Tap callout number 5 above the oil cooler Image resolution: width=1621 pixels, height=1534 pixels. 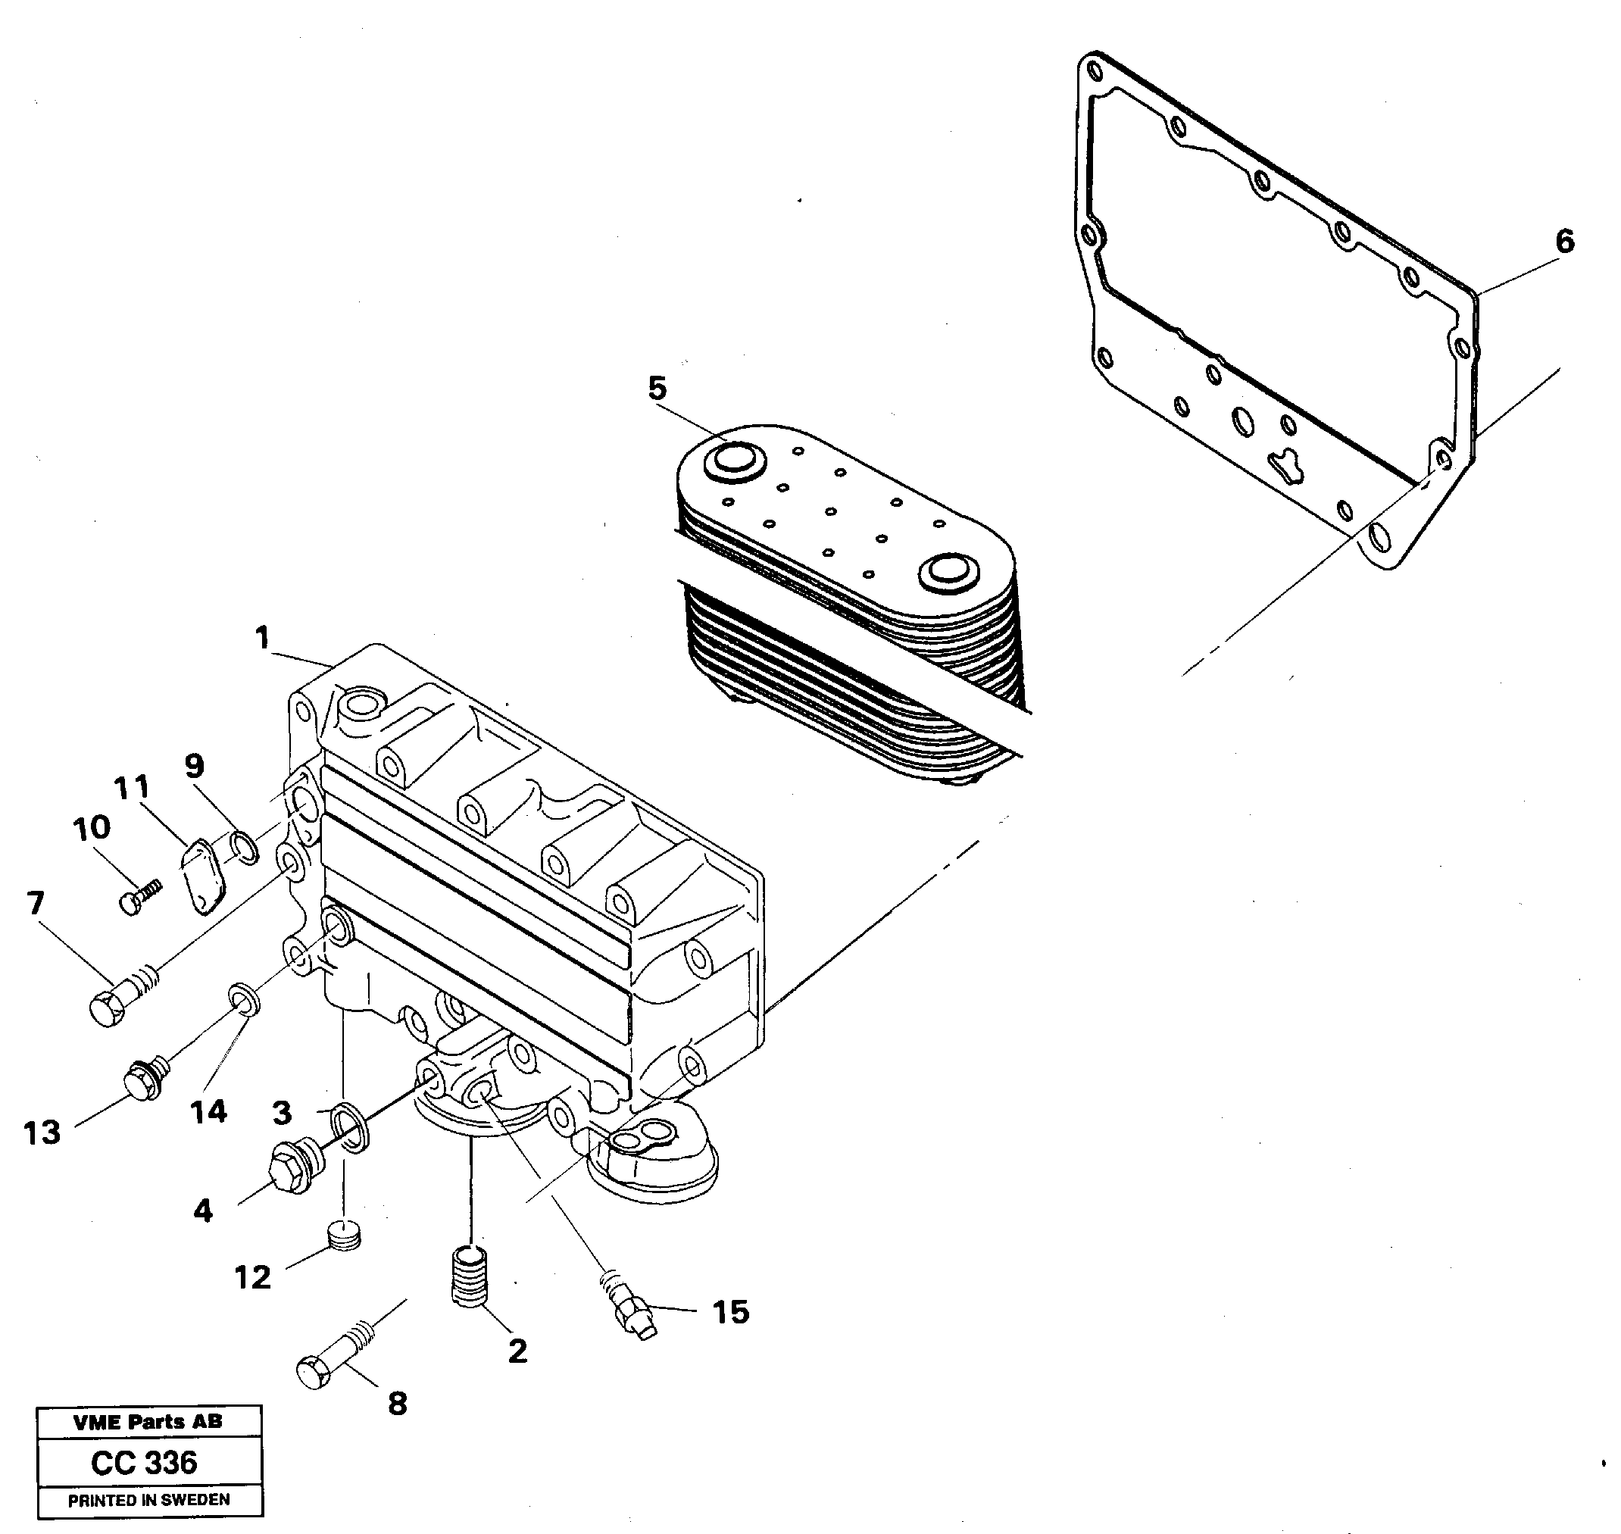point(657,389)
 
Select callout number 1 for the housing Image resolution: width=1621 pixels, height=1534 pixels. point(262,637)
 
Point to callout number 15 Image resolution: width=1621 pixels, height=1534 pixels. point(731,1311)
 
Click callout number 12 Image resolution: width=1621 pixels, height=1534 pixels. point(252,1276)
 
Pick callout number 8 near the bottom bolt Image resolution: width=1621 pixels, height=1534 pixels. point(397,1403)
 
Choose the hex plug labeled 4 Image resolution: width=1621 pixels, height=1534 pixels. point(291,1166)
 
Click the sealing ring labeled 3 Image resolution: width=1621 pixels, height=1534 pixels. point(351,1125)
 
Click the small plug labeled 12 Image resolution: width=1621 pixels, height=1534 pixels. point(343,1236)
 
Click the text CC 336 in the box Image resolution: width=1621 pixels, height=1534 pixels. point(144,1462)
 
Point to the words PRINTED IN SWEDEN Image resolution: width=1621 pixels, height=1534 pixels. point(148,1500)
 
